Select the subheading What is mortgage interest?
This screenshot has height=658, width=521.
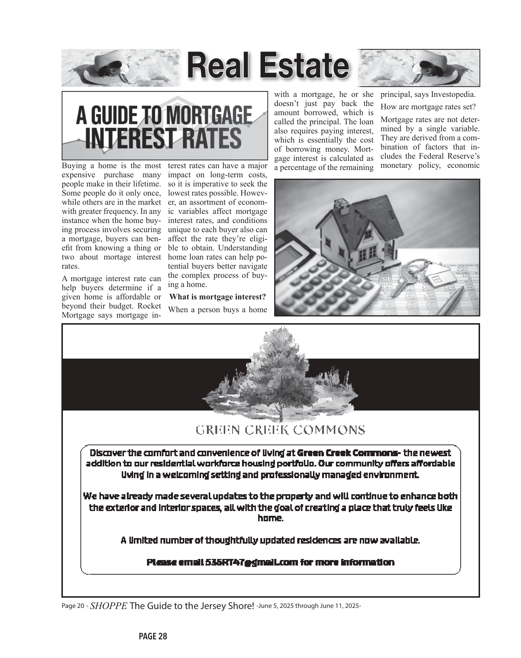coord(218,296)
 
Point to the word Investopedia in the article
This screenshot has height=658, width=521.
coord(453,94)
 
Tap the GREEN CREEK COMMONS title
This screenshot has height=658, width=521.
coord(280,430)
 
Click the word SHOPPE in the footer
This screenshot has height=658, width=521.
coord(109,606)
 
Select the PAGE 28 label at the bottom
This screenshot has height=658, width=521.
coord(153,636)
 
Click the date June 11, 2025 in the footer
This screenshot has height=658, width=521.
coord(340,606)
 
